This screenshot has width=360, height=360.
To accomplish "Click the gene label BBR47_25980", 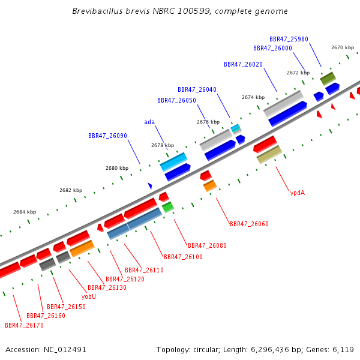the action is [289, 39].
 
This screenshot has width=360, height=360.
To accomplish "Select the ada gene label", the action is [149, 122].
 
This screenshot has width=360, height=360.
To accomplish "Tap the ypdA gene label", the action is [298, 193].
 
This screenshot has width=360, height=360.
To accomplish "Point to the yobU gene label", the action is [89, 296].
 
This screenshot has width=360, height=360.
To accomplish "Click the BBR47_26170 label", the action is [24, 325].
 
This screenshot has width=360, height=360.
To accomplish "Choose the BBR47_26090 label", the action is [107, 136].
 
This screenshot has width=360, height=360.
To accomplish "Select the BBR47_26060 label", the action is [249, 224].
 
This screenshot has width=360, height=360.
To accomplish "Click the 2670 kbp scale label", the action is [343, 47].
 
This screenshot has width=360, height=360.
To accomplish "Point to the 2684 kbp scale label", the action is [25, 212].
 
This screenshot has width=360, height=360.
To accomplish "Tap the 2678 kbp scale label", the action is [163, 145].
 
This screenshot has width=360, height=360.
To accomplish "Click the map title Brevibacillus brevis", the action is [111, 11].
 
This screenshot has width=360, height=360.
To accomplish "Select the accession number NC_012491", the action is [65, 350].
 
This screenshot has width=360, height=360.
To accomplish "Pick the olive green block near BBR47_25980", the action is [328, 79].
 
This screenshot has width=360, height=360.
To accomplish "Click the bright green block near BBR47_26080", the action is [168, 208].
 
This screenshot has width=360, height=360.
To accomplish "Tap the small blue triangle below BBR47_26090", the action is [150, 186].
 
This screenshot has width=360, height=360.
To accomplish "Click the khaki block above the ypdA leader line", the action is [269, 155].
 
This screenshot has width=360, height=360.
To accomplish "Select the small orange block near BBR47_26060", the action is [210, 186].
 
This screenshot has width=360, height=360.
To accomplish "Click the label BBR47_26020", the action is [243, 65].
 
